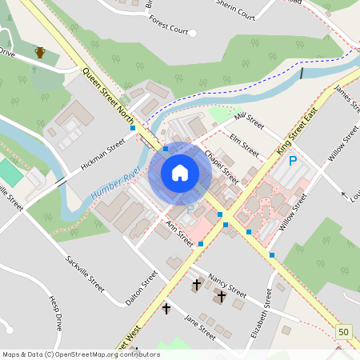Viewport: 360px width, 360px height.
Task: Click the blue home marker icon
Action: pos(180,173)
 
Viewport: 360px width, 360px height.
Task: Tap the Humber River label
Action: pos(115,184)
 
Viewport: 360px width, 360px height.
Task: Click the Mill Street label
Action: pos(250,121)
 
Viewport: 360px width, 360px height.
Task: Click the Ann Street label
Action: pos(180,233)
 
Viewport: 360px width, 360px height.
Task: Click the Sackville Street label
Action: pos(86,271)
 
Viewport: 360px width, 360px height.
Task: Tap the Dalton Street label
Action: pos(142,289)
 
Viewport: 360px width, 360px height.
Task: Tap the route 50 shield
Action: pos(344,332)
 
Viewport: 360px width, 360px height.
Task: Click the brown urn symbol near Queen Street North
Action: pos(40,53)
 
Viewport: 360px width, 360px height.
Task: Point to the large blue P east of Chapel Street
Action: pos(293,162)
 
